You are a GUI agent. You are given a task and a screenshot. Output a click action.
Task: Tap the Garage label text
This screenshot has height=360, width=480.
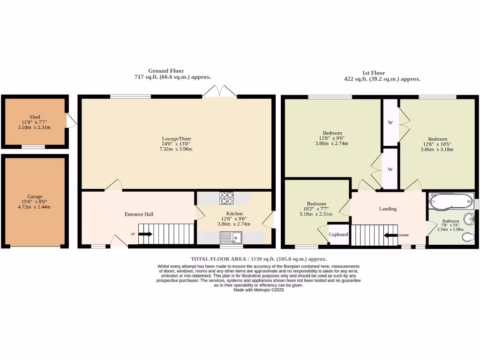pos(35,196)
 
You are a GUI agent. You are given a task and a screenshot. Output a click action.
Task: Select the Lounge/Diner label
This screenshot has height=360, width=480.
pos(177,139)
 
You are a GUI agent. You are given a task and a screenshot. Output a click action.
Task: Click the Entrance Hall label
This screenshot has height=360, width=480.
pos(139,214)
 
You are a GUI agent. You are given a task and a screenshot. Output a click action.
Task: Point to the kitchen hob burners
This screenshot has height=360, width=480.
pos(226,198)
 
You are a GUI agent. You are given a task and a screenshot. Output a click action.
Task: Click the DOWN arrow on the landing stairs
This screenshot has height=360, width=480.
pos(390,235)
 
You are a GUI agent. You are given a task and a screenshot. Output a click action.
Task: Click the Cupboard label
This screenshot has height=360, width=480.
pos(338,234)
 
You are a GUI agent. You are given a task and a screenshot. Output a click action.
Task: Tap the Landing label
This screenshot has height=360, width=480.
pos(388,209)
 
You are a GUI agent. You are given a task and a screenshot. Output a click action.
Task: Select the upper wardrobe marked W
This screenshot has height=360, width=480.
pos(390,123)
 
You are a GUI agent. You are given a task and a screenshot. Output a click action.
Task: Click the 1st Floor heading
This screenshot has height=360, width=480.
pos(374,73)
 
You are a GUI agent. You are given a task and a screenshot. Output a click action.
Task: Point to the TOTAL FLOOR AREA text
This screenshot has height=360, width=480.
pos(259,259)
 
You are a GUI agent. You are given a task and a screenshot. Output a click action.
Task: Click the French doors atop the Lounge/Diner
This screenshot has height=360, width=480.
pos(219,91)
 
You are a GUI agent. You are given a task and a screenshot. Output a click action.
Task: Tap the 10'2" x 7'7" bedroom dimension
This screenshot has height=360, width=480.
pos(316,209)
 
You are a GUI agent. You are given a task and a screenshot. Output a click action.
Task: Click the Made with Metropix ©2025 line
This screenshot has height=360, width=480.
pos(259,290)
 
